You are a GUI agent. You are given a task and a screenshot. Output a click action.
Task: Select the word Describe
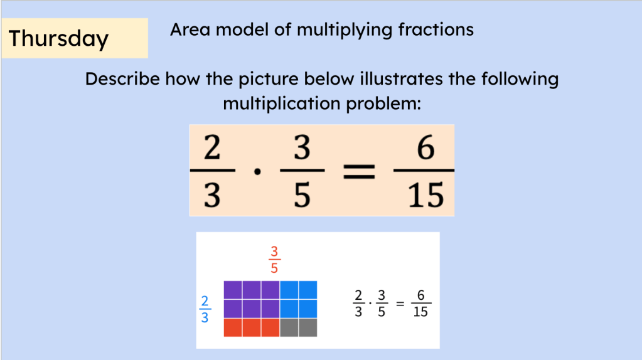(122, 78)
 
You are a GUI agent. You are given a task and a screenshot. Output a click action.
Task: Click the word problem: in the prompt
(383, 104)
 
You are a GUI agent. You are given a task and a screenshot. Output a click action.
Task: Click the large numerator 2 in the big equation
(212, 147)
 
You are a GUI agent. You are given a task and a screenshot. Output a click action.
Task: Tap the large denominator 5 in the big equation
(302, 196)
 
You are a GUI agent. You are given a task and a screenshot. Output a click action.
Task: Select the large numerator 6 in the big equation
(425, 147)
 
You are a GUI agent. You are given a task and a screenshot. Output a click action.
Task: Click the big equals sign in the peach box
(359, 171)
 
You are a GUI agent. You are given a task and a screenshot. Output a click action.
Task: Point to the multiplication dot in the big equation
(257, 172)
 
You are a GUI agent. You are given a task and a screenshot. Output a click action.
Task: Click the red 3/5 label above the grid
(274, 260)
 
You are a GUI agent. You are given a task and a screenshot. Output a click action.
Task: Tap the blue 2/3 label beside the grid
(205, 309)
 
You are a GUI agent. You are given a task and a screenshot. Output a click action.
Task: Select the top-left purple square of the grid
(233, 290)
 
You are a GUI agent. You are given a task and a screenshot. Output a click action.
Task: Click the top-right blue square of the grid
(308, 290)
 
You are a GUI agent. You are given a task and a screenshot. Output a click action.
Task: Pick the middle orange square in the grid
(252, 327)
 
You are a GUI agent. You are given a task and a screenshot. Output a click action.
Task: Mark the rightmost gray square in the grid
(308, 327)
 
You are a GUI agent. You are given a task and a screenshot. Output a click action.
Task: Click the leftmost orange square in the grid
(233, 327)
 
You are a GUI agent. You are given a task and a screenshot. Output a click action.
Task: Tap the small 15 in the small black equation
(420, 312)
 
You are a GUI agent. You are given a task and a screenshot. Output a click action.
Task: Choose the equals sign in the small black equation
(400, 304)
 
